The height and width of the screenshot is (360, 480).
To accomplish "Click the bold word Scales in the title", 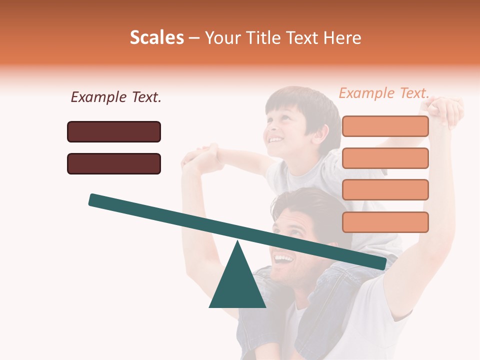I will tap(156, 37).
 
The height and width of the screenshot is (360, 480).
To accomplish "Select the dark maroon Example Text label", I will tap(116, 97).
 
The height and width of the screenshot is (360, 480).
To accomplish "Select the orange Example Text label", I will tap(383, 93).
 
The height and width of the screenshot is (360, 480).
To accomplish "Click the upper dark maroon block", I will tap(114, 131).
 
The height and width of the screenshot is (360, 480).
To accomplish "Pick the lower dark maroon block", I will tap(114, 163).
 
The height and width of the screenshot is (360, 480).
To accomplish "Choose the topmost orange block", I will tap(385, 126).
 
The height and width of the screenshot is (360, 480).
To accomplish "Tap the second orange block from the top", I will tap(385, 158).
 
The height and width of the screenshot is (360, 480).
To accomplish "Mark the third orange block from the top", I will tap(385, 190).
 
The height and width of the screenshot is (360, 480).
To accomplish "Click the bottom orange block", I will tap(385, 222).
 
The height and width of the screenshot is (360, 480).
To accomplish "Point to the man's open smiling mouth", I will tap(283, 259).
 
